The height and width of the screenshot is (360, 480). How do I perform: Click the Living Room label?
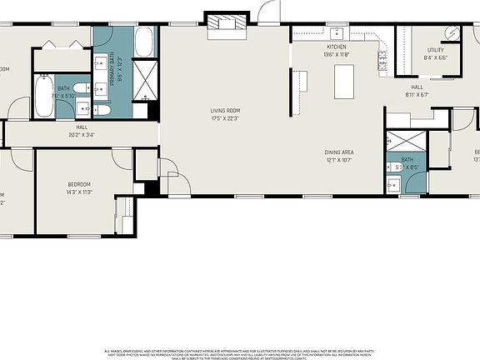pos(225,110)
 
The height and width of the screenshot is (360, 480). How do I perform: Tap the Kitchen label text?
pos(336,47)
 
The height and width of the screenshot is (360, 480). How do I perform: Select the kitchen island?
pos(345,82)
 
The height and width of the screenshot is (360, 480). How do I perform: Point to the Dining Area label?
pos(339,152)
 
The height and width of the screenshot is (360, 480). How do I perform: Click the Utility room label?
pos(435,50)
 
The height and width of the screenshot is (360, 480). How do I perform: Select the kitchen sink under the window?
pos(337,32)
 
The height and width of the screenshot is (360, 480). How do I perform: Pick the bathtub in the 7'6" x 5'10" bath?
pos(44,96)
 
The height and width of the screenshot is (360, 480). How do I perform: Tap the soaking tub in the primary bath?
pos(144,42)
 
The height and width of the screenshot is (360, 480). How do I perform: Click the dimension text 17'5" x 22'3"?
pos(225,117)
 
